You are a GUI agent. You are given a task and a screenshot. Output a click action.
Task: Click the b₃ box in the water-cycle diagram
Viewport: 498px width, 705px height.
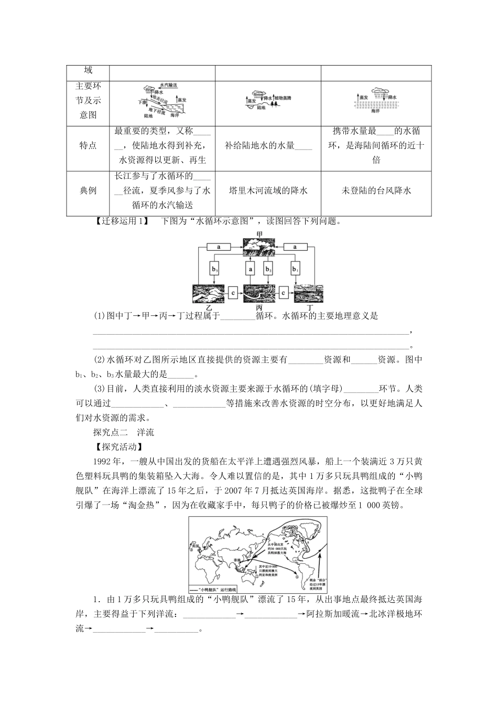[x=214, y=269]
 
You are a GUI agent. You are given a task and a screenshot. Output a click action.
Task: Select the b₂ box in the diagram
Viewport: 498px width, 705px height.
[x=268, y=269]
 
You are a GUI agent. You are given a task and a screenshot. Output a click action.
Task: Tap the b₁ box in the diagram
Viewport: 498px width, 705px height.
[x=295, y=269]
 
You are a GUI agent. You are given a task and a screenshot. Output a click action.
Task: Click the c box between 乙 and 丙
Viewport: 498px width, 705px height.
[x=234, y=293]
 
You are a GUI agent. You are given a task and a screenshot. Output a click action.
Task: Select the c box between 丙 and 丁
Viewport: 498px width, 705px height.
[x=284, y=293]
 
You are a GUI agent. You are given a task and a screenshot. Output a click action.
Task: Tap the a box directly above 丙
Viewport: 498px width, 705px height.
[x=250, y=269]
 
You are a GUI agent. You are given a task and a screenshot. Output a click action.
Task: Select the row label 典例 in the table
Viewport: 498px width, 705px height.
[x=88, y=191]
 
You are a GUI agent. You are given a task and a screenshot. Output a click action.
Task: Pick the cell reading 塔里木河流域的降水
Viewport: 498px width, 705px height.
[x=268, y=191]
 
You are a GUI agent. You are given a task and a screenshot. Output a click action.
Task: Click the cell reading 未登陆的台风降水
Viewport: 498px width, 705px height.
[x=376, y=191]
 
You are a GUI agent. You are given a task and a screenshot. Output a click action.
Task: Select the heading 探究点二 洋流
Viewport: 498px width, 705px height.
[x=123, y=432]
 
